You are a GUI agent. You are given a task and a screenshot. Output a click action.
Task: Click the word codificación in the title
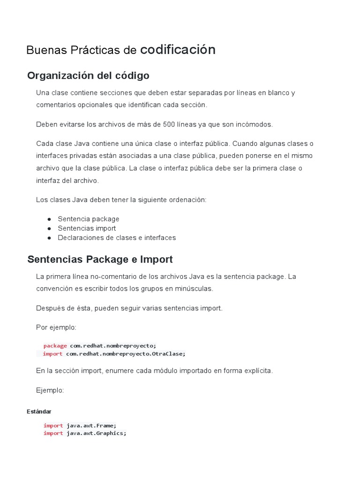178,50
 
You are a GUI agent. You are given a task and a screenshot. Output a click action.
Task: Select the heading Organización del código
88,75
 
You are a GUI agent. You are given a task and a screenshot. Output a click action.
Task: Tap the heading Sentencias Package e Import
100,259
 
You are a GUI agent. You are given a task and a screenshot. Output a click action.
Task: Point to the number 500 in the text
169,124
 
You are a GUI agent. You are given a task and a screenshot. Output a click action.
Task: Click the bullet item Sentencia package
89,219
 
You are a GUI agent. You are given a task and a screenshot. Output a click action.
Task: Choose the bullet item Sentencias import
87,228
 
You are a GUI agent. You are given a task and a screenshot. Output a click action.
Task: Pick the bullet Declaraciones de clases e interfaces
117,238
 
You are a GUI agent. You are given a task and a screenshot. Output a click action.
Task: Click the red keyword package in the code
55,346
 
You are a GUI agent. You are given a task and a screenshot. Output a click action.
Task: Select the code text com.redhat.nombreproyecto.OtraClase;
126,353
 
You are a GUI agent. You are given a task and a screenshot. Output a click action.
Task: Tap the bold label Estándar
39,412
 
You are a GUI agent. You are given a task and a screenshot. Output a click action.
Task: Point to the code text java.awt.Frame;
91,426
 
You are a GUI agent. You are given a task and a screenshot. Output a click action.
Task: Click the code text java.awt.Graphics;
97,433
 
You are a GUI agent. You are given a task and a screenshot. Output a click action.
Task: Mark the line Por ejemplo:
56,327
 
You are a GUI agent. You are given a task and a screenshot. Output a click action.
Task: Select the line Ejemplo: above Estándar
50,390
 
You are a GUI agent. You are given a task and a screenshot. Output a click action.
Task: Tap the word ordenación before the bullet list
187,200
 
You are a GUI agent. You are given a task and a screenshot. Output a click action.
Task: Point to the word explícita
256,371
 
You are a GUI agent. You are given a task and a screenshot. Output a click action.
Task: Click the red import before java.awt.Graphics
53,433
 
